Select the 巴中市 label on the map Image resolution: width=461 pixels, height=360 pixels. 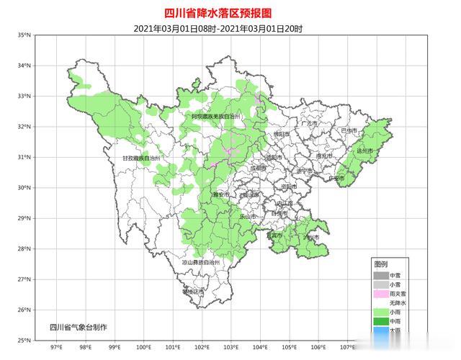pyautogui.click(x=349, y=130)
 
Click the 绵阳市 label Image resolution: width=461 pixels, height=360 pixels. pyautogui.click(x=281, y=134)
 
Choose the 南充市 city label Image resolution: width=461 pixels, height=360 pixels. pyautogui.click(x=324, y=156)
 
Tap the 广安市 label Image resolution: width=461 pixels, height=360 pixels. pyautogui.click(x=336, y=178)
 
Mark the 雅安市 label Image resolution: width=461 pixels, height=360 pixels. pyautogui.click(x=220, y=195)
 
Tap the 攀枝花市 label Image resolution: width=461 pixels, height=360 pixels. pyautogui.click(x=194, y=292)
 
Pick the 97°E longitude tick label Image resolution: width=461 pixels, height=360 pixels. pyautogui.click(x=55, y=348)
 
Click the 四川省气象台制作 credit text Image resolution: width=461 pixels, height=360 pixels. pyautogui.click(x=78, y=328)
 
